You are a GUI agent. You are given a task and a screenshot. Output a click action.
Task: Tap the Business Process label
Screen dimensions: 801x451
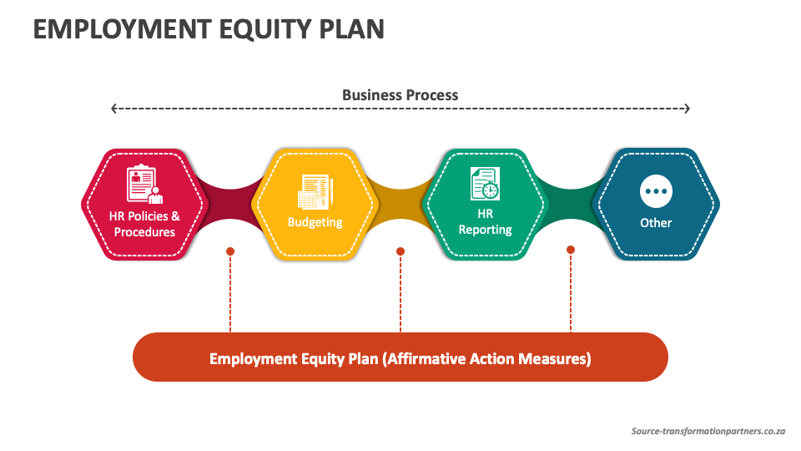400,95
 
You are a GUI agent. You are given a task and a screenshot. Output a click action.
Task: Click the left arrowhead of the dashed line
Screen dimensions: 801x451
114,109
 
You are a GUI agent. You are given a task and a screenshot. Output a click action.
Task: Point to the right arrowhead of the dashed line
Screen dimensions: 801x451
687,109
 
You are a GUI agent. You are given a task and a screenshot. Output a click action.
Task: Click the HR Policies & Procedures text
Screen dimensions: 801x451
144,224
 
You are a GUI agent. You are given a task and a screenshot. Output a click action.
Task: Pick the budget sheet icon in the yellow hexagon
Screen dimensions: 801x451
315,191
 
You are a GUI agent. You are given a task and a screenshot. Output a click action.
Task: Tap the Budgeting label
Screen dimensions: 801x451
315,222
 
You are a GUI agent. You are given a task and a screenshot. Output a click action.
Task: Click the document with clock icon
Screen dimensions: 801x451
486,184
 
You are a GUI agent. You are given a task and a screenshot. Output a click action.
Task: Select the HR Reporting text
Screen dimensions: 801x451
486,221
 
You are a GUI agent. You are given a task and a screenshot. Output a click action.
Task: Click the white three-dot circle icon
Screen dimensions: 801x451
656,191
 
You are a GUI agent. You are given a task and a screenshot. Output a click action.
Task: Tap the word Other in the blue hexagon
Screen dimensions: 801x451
656,223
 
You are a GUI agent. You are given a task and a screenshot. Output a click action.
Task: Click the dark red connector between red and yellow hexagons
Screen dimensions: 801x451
230,205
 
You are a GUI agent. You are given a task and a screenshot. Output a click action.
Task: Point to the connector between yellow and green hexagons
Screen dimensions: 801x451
400,205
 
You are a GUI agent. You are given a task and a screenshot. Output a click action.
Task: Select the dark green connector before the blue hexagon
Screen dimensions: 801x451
571,205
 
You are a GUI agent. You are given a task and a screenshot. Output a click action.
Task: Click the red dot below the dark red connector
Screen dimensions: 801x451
230,251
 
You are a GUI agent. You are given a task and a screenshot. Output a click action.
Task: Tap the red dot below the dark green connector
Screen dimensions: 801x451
571,250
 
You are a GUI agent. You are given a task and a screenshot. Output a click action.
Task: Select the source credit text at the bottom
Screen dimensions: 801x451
708,431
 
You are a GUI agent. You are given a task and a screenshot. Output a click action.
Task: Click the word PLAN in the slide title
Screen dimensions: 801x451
352,29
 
